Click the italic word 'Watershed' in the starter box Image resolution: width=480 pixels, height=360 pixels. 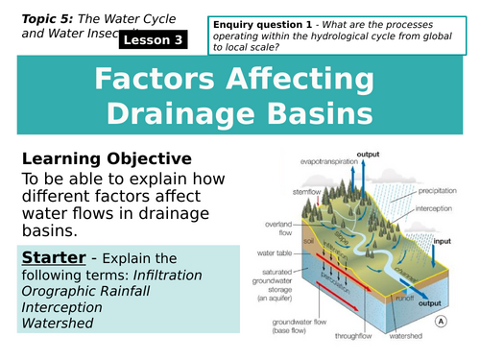point(54,324)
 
